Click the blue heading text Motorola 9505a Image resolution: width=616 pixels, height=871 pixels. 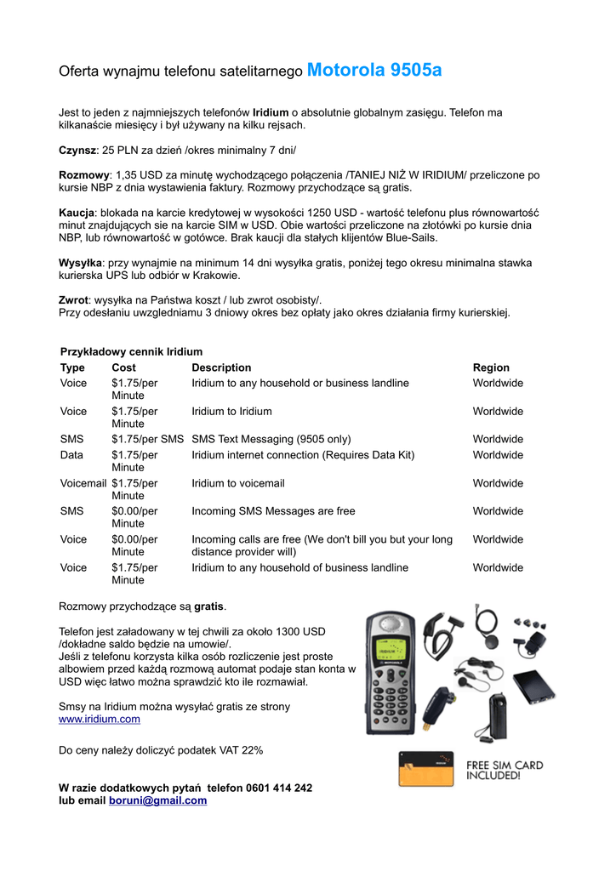[374, 71]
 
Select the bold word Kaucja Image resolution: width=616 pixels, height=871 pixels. [76, 213]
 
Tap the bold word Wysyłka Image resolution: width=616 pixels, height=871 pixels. [79, 263]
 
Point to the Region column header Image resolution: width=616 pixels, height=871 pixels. [491, 367]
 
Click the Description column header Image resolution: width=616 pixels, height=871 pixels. [221, 367]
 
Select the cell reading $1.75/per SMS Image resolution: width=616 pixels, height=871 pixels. [147, 440]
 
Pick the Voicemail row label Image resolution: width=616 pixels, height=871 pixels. [83, 483]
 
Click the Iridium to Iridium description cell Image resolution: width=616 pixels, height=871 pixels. [231, 412]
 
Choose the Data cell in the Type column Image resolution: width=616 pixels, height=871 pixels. [72, 455]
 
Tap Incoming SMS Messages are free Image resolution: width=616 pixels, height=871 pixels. [273, 511]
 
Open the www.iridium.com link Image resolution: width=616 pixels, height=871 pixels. [99, 720]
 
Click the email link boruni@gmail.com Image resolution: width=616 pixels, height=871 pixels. [157, 800]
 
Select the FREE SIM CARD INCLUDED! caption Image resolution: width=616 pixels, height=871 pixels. [505, 771]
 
